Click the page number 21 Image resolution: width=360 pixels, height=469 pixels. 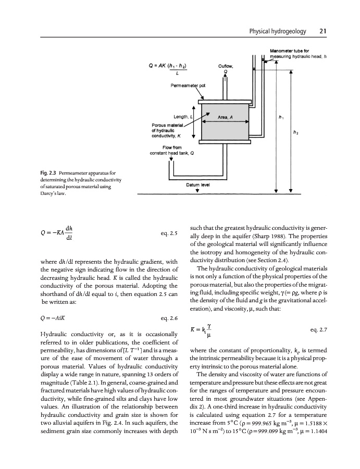click(x=323, y=31)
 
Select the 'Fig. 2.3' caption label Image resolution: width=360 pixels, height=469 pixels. click(x=19, y=171)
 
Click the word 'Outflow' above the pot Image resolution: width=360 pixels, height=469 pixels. click(x=226, y=66)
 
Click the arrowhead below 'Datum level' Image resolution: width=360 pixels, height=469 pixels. click(x=197, y=190)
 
